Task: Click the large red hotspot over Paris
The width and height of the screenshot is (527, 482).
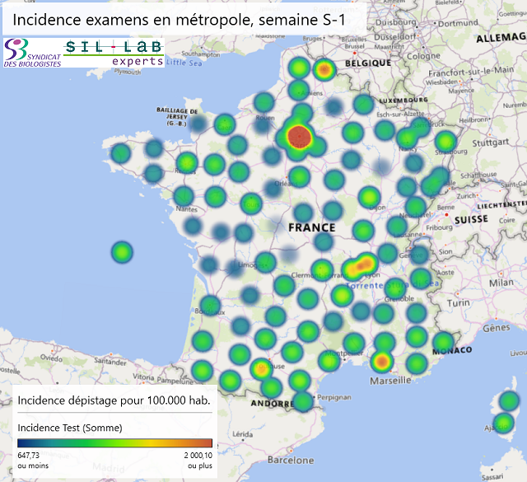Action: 301,137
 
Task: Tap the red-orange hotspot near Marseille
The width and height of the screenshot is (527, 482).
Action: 381,361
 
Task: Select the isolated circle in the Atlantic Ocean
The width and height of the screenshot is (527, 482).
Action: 122,251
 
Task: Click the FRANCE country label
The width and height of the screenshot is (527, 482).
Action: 312,227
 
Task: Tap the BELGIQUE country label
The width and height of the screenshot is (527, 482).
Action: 368,63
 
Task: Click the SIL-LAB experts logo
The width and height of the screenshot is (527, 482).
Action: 114,53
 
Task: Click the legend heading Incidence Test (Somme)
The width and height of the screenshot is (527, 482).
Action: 70,428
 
